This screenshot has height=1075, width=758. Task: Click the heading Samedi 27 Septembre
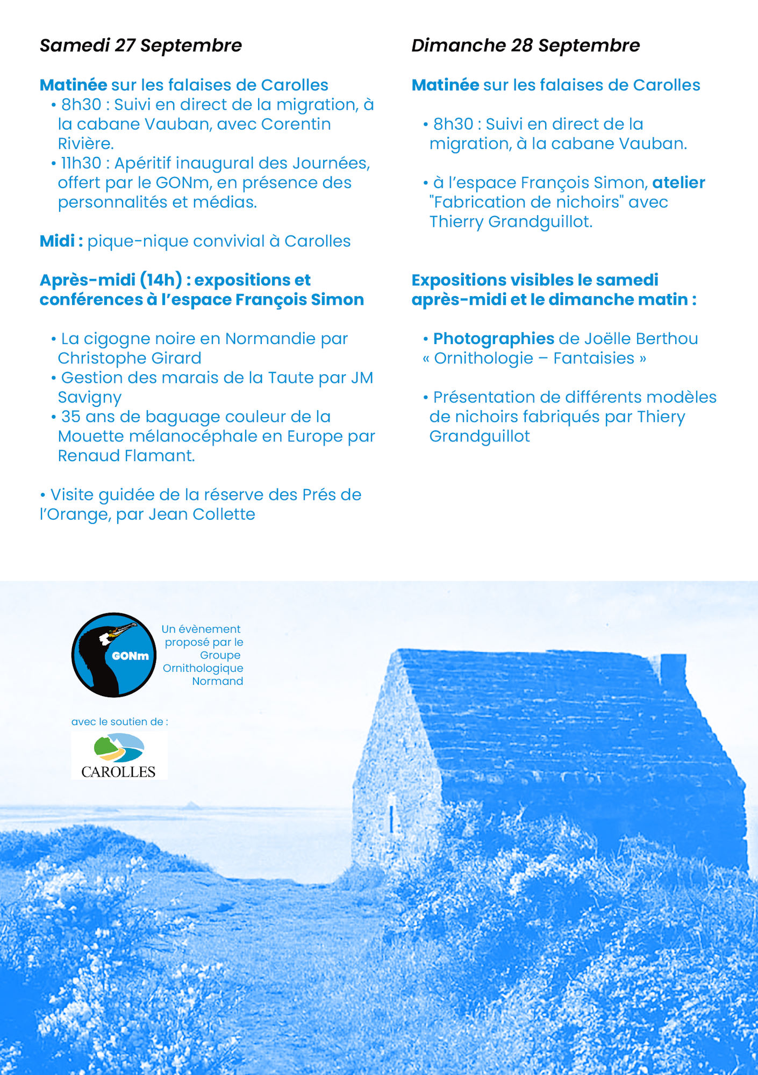point(140,46)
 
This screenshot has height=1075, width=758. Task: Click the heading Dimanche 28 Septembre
point(525,46)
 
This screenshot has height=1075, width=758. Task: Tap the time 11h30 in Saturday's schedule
point(81,163)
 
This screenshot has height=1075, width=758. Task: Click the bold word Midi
point(57,241)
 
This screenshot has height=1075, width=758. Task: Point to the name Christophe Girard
point(130,359)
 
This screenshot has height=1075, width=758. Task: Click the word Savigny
point(90,398)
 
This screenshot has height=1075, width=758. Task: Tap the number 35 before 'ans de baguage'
point(70,417)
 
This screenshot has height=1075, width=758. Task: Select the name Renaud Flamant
point(126,456)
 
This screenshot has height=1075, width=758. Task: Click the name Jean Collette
point(202,514)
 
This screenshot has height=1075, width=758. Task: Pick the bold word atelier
point(678,183)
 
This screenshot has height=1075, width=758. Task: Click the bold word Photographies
point(494,339)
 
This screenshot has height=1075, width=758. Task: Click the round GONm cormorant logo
point(114,655)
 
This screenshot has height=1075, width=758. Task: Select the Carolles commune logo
point(119,755)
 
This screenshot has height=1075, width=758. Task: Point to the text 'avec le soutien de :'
point(119,722)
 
